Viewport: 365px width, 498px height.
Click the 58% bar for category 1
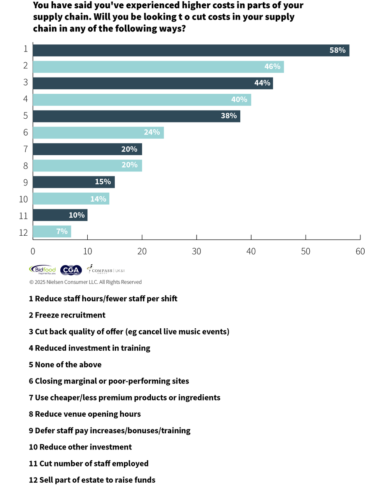(x=191, y=50)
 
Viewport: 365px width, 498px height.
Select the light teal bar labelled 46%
(x=158, y=67)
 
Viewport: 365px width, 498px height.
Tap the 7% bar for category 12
(x=52, y=232)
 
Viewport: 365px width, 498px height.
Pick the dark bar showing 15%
(x=74, y=182)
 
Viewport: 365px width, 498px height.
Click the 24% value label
(x=152, y=132)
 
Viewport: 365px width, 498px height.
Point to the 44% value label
(x=262, y=83)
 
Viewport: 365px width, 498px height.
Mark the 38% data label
(x=229, y=116)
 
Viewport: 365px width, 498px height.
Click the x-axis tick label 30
(x=197, y=251)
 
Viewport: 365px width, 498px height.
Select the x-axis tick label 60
(x=360, y=251)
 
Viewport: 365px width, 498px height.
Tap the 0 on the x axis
(x=33, y=251)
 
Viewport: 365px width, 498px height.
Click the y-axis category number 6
(x=25, y=132)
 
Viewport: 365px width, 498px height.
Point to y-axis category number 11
(x=23, y=215)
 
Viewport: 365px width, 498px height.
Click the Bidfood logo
(x=42, y=270)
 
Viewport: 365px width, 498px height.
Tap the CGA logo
(x=71, y=270)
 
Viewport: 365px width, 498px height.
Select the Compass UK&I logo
(x=106, y=270)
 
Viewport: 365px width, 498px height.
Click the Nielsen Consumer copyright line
(x=85, y=282)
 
